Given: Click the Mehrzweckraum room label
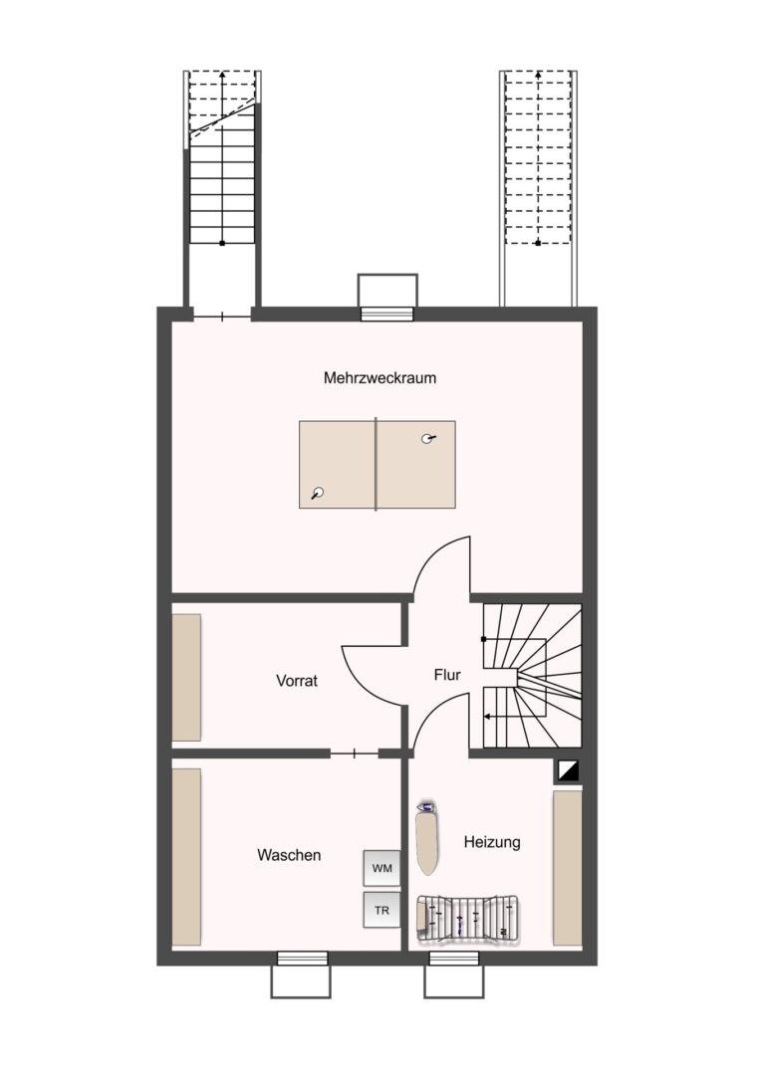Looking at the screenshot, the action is click(380, 378).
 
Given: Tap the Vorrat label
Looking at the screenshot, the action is click(297, 681).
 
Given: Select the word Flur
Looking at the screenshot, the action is click(447, 675).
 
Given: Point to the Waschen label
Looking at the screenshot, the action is click(289, 855).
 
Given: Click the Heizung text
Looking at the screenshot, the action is click(492, 842).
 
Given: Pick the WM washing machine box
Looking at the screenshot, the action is click(382, 869).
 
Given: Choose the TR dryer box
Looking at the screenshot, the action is click(382, 911).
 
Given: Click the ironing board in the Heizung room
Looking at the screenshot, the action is click(428, 837).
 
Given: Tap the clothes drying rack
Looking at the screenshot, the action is click(469, 916).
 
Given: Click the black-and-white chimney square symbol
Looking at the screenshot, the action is click(569, 771).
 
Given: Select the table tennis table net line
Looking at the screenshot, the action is click(376, 464).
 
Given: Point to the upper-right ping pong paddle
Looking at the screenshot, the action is click(428, 439).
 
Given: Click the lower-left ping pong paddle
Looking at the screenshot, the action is click(317, 493).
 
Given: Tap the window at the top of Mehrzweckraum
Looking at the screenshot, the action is click(387, 314).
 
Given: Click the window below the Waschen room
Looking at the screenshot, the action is click(302, 958).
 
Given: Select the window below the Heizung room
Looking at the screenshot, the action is click(455, 958).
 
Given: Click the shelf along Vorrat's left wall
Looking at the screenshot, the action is click(186, 678).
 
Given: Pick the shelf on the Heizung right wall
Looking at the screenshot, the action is click(567, 869).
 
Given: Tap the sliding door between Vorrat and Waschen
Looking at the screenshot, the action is click(354, 754).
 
